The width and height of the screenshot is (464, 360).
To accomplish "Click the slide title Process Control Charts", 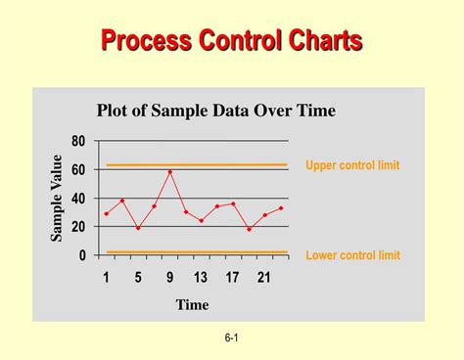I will pos(232,41).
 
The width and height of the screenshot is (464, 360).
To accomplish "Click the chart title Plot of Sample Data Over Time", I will pos(215,111).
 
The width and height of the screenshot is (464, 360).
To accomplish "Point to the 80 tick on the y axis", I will pos(78,141).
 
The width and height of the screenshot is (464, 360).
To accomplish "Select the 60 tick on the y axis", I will pos(78,170).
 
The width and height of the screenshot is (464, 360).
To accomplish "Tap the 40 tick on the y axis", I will pos(78,199).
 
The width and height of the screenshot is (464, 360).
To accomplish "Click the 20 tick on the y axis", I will pos(78,227).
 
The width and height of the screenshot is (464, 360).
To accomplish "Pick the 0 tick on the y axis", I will pos(82,255).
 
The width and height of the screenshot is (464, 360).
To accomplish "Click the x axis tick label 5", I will pos(138,278).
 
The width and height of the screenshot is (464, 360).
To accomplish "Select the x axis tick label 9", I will pos(169,278).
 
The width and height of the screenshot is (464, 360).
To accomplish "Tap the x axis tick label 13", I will pos(201,278).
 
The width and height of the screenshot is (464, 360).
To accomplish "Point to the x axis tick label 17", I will pos(232,278).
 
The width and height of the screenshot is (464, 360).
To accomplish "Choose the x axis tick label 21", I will pos(263,278).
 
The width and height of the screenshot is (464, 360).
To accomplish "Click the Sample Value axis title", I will pos(57,198).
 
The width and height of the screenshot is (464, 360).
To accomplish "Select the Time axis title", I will pos(192,304).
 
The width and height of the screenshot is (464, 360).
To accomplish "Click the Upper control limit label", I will pos(352,165).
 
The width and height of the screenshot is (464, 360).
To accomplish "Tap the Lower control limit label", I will pos(352,255).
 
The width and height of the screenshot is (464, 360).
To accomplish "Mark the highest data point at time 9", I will pos(170,172).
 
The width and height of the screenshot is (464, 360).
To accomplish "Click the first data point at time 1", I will pos(107,213).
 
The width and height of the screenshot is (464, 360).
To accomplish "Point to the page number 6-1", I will pos(232,338).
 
